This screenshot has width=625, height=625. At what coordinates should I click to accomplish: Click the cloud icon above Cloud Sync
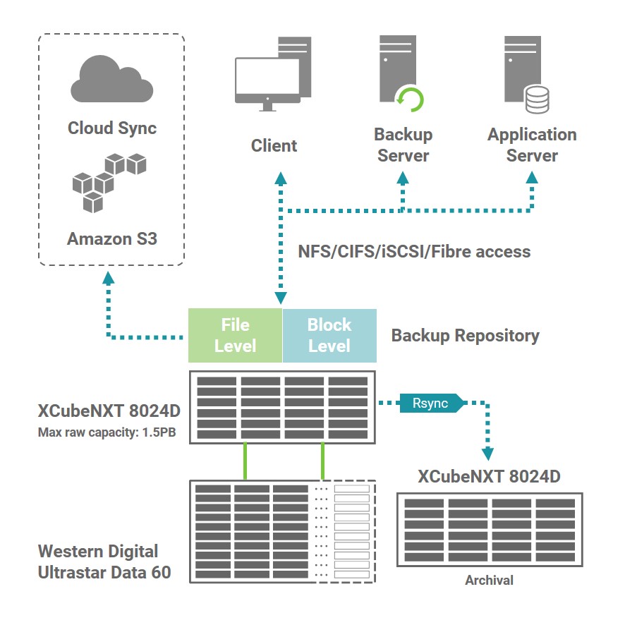[x=111, y=78]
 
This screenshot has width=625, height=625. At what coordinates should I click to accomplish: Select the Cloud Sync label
[x=112, y=128]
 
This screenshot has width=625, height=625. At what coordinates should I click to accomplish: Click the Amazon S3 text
[x=112, y=238]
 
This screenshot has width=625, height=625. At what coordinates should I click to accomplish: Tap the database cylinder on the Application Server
[x=537, y=100]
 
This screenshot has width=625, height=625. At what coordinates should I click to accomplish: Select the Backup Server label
[x=403, y=145]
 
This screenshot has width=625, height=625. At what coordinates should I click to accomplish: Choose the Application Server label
[x=532, y=145]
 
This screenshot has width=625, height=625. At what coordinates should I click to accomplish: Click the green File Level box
[x=235, y=335]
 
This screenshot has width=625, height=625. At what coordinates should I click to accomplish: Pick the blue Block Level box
[x=329, y=335]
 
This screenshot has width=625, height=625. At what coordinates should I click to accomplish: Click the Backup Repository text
[x=465, y=336]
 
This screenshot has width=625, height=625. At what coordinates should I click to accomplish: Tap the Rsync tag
[x=428, y=403]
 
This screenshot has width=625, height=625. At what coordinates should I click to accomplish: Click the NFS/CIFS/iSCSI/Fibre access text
[x=415, y=251]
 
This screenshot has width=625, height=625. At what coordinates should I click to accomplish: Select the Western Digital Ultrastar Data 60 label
[x=104, y=562]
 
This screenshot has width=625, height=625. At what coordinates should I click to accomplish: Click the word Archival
[x=489, y=581]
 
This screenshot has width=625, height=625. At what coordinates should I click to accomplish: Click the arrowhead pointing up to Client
[x=281, y=176]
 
